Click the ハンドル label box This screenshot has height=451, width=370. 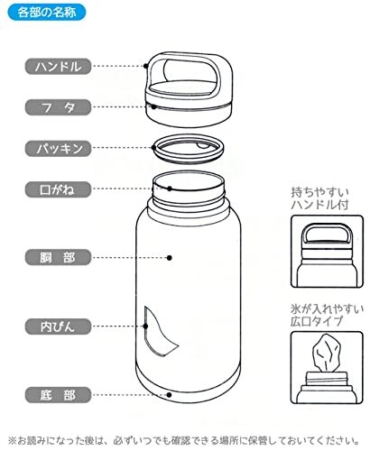click(x=58, y=66)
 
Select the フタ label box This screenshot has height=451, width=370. click(x=58, y=106)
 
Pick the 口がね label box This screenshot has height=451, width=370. click(x=58, y=189)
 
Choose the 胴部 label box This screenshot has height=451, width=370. click(x=58, y=257)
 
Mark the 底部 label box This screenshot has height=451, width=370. click(x=58, y=394)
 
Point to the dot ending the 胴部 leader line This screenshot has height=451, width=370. click(x=171, y=257)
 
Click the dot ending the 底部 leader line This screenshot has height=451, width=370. click(x=171, y=394)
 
